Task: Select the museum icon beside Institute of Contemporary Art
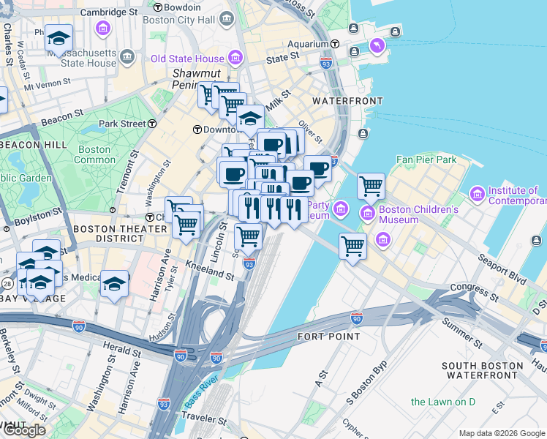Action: [478, 194]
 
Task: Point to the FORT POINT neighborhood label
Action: [329, 337]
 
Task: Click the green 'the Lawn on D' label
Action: [442, 402]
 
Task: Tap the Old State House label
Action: [186, 58]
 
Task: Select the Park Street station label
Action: [122, 124]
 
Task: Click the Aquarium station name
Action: [309, 44]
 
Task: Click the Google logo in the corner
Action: [24, 430]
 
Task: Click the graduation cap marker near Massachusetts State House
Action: [58, 38]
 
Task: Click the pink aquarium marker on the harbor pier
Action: [377, 46]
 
